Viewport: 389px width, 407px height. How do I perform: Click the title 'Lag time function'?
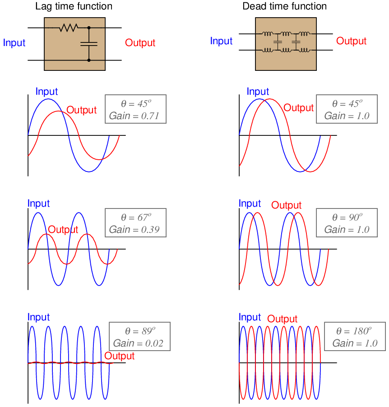pyautogui.click(x=74, y=6)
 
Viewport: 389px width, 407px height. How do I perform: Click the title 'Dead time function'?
pyautogui.click(x=285, y=6)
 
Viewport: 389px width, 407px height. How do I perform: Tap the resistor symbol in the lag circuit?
pyautogui.click(x=68, y=28)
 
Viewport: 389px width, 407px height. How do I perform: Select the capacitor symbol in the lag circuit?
pyautogui.click(x=89, y=43)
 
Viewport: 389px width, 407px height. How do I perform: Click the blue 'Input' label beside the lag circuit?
pyautogui.click(x=14, y=43)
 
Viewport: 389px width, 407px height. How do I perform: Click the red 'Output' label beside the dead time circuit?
pyautogui.click(x=352, y=41)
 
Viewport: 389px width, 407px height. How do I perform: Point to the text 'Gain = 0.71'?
pyautogui.click(x=131, y=116)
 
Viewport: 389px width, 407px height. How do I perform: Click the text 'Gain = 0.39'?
pyautogui.click(x=131, y=230)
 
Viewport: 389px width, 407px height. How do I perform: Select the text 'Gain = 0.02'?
pyautogui.click(x=135, y=343)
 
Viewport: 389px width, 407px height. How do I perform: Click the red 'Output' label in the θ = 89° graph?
pyautogui.click(x=120, y=356)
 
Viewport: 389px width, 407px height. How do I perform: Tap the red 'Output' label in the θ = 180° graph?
pyautogui.click(x=282, y=319)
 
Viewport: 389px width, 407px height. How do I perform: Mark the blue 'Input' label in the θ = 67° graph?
pyautogui.click(x=39, y=203)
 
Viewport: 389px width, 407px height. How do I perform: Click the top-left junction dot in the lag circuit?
pyautogui.click(x=89, y=28)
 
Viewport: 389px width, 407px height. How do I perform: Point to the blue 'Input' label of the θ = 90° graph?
pyautogui.click(x=250, y=203)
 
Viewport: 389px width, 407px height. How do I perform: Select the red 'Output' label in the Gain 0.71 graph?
pyautogui.click(x=82, y=110)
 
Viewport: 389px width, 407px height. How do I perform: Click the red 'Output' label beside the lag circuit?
pyautogui.click(x=140, y=43)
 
